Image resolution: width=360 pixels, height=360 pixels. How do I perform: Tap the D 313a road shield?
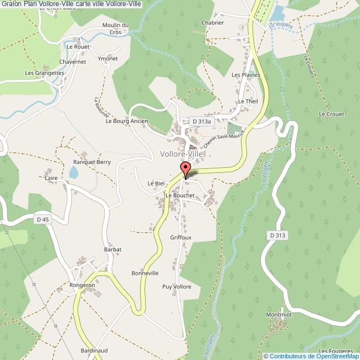pyautogui.click(x=199, y=120)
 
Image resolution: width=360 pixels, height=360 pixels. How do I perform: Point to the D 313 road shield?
pyautogui.click(x=279, y=235)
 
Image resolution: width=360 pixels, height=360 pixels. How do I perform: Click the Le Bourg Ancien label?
pyautogui.click(x=127, y=120)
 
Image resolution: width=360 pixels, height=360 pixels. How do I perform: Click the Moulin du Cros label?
pyautogui.click(x=115, y=28)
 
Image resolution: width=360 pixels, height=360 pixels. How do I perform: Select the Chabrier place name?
pyautogui.click(x=213, y=23)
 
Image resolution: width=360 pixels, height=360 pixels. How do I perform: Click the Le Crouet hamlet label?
pyautogui.click(x=331, y=114)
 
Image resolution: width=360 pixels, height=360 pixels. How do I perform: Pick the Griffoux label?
pyautogui.click(x=181, y=237)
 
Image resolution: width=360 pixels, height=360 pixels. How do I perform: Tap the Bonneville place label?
pyautogui.click(x=145, y=273)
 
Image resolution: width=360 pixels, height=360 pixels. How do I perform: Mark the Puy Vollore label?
pyautogui.click(x=177, y=286)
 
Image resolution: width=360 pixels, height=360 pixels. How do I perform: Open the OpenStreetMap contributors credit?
pyautogui.click(x=311, y=356)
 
